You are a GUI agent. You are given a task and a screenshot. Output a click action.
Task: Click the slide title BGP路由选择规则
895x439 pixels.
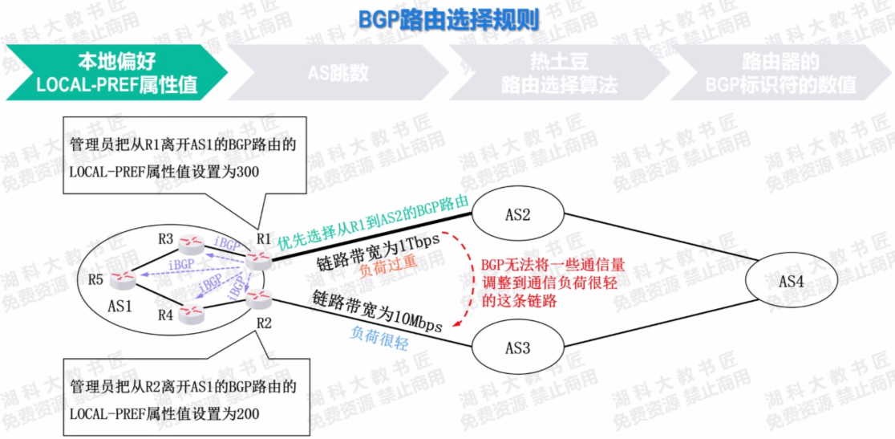coord(447,18)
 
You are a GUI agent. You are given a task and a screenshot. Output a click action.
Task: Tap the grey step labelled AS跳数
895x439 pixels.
coord(338,73)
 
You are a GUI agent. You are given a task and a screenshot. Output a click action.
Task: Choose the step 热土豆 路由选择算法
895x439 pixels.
coord(559,73)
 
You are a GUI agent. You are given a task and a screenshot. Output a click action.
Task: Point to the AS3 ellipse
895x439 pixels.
coord(517,348)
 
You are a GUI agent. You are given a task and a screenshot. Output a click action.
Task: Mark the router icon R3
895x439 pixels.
coord(191,242)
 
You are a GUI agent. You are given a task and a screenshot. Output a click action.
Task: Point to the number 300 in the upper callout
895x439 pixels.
coord(266,171)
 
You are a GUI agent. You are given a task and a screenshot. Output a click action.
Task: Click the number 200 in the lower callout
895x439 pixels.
coord(266,413)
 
